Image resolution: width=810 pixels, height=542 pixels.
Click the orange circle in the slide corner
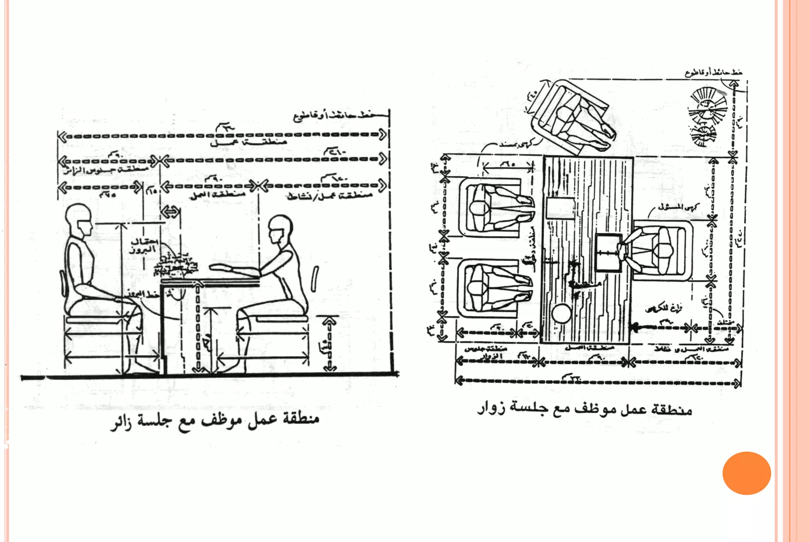click(x=746, y=473)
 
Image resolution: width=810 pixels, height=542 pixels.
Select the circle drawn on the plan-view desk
click(x=561, y=314)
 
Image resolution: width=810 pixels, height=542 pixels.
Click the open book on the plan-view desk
click(x=608, y=253)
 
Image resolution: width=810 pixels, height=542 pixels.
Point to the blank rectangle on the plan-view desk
click(x=560, y=207)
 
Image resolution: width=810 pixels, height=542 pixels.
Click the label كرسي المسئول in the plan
click(x=679, y=207)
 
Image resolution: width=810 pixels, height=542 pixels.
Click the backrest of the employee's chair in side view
click(x=315, y=279)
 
